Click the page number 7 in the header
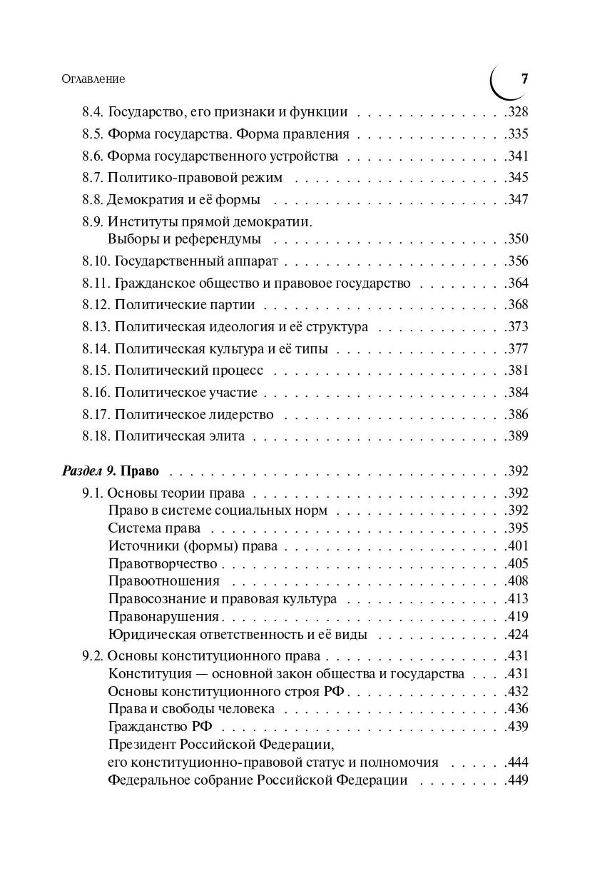pos(524,79)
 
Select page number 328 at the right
pos(516,112)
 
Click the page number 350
pos(516,239)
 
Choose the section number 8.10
pos(96,261)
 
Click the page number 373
pos(516,327)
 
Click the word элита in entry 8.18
pos(227,436)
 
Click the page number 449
pos(516,780)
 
